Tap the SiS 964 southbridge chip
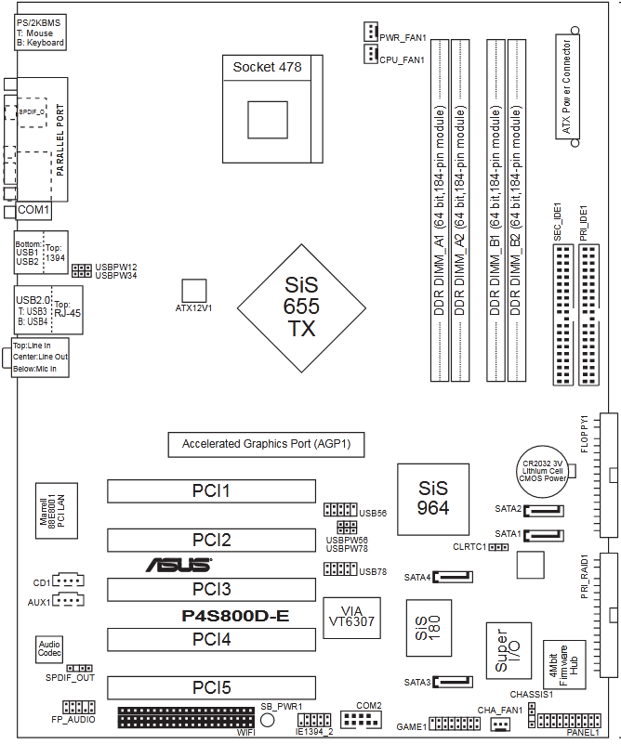pyautogui.click(x=432, y=498)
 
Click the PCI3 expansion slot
pyautogui.click(x=211, y=589)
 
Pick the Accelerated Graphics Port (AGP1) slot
pyautogui.click(x=266, y=444)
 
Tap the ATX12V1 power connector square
pyautogui.click(x=193, y=290)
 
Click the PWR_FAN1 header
pyautogui.click(x=369, y=32)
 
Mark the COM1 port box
pyautogui.click(x=33, y=211)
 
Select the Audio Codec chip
pyautogui.click(x=49, y=648)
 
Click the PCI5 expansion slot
pyautogui.click(x=211, y=688)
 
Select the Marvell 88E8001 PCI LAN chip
pyautogui.click(x=53, y=510)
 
